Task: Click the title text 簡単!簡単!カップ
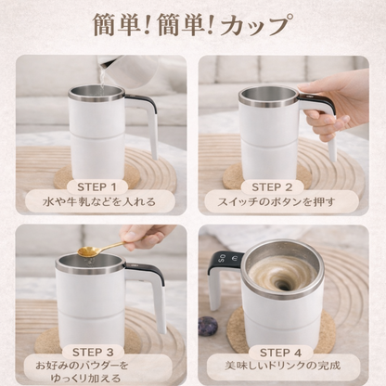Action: coord(193,25)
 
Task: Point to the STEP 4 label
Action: coord(286,352)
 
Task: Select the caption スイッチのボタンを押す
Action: coord(286,200)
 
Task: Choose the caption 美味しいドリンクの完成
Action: coord(286,369)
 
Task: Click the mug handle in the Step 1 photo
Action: coord(148,121)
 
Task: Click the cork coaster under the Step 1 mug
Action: coord(65,176)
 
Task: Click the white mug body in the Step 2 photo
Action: coord(269,139)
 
